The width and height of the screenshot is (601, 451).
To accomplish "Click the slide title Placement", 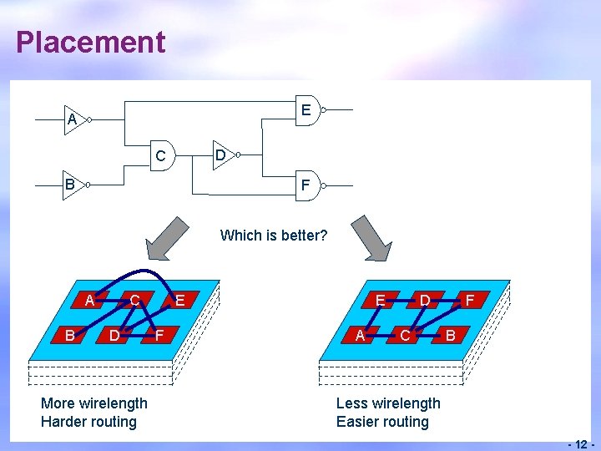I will [90, 42].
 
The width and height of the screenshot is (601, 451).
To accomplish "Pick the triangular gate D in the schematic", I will [222, 155].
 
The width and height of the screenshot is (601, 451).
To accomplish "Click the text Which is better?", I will [273, 236].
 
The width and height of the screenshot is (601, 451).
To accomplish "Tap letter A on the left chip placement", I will [88, 300].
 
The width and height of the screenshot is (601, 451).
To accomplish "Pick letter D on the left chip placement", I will [114, 336].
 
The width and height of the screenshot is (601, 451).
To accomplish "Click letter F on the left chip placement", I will [159, 336].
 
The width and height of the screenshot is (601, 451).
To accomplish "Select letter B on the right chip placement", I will [450, 336].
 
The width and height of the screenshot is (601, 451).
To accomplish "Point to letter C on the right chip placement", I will [404, 336].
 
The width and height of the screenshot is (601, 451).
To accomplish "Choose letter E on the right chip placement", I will [380, 299].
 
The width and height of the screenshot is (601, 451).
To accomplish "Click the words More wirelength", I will [93, 403].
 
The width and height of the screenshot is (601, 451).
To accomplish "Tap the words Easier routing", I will [382, 422].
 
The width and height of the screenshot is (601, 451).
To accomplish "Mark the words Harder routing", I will [88, 422].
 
